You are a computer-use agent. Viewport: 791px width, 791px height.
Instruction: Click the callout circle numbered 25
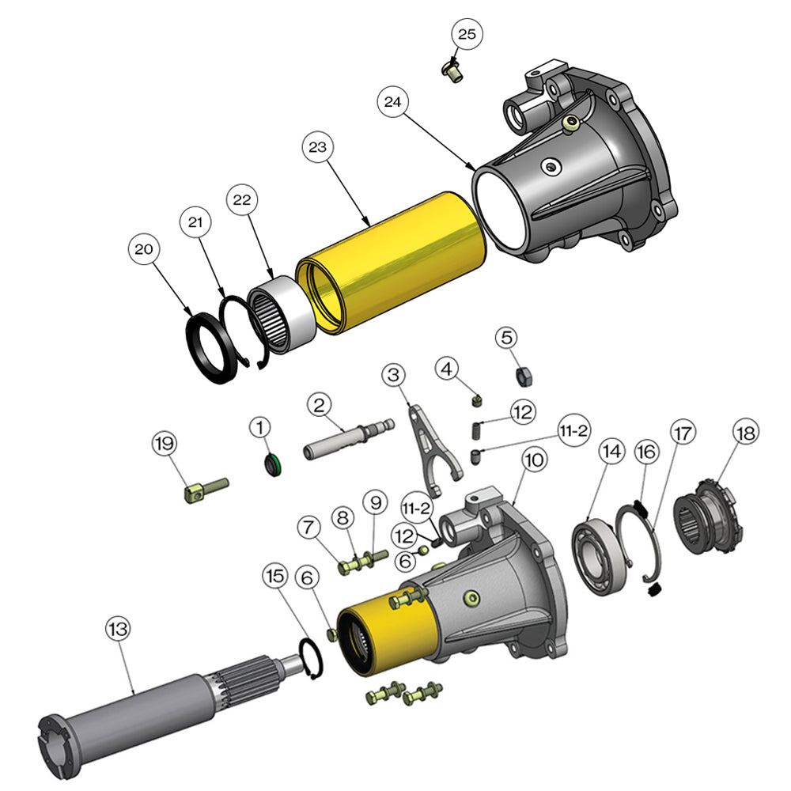coord(467,34)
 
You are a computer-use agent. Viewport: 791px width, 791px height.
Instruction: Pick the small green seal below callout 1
coord(272,467)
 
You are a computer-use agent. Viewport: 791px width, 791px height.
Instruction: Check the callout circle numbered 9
coord(374,502)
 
